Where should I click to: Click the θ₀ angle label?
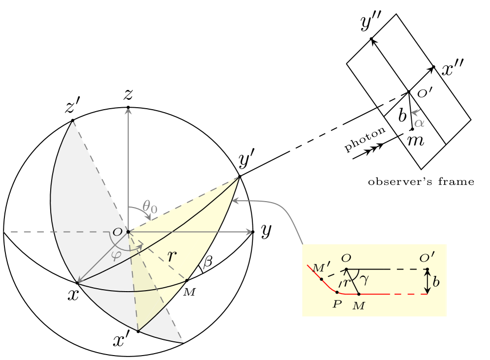pos(150,207)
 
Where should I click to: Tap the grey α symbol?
pos(419,123)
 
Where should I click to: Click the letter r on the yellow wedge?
pos(171,256)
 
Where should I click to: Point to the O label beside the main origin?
pos(117,233)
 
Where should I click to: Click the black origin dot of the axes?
pos(128,232)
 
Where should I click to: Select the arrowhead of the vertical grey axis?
pos(128,111)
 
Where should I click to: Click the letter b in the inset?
pos(436,283)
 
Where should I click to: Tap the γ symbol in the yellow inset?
pos(364,279)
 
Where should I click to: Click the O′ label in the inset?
pos(427,259)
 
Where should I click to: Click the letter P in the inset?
pos(337,304)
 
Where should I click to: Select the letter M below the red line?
pos(359,306)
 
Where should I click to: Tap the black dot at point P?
pos(337,292)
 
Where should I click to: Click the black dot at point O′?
pos(427,269)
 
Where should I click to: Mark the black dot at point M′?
pos(321,279)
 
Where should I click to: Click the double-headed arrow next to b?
pos(427,282)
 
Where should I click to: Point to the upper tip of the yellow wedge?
pos(238,178)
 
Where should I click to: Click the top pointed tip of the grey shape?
pos(73,122)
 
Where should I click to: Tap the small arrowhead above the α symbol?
pos(415,112)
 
